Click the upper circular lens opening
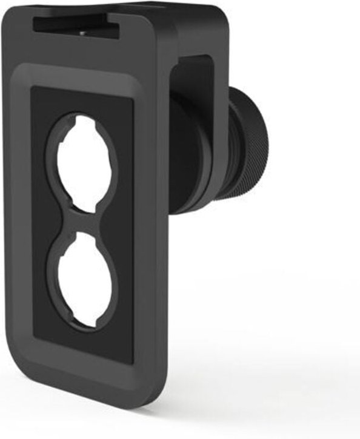pos(82,159)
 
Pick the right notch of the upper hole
pos(115,159)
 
